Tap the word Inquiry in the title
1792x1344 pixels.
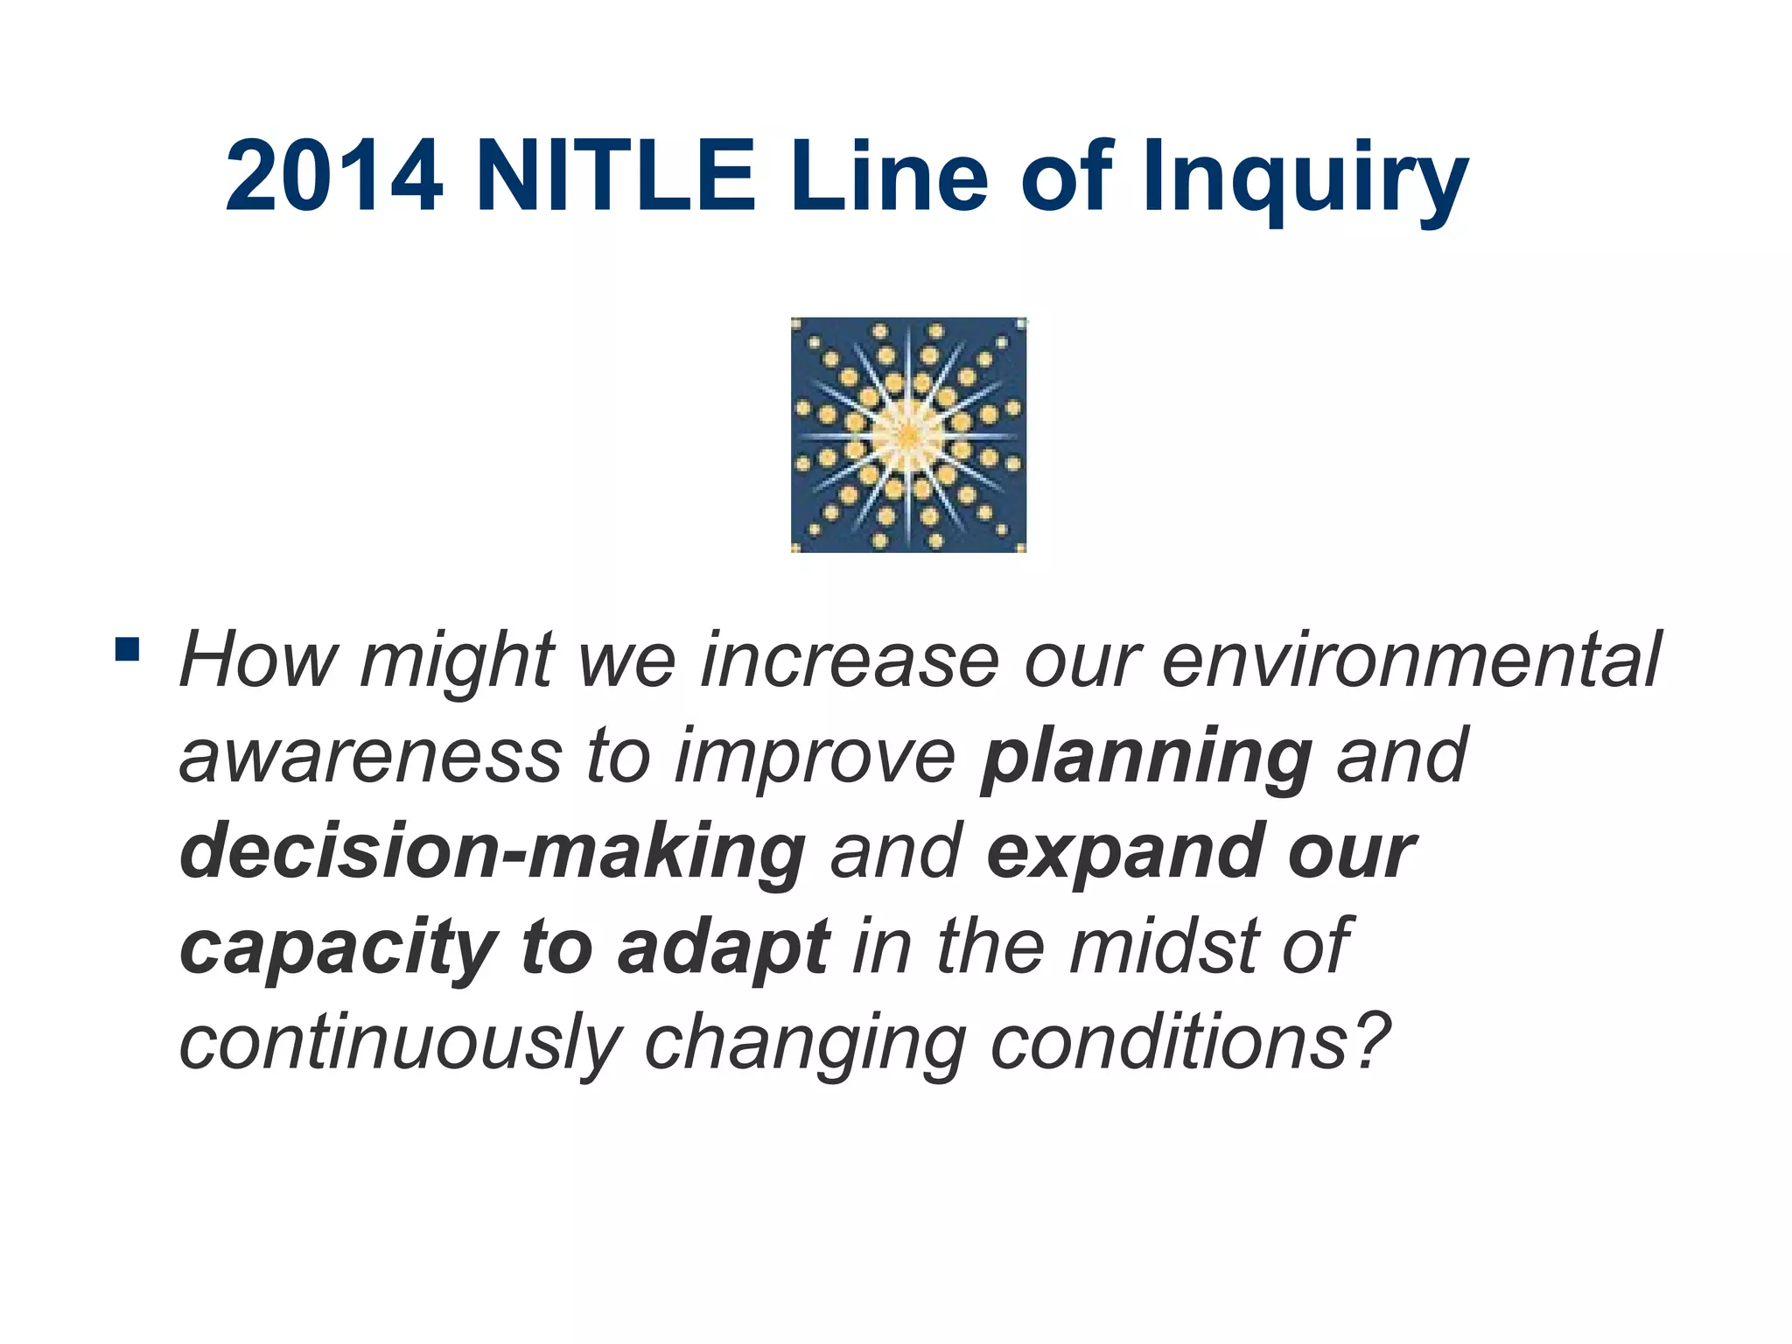tap(1305, 179)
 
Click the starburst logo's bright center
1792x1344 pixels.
tap(908, 435)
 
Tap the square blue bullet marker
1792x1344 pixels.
tap(127, 649)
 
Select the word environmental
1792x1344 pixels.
tap(1410, 661)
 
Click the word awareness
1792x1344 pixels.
tap(370, 757)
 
